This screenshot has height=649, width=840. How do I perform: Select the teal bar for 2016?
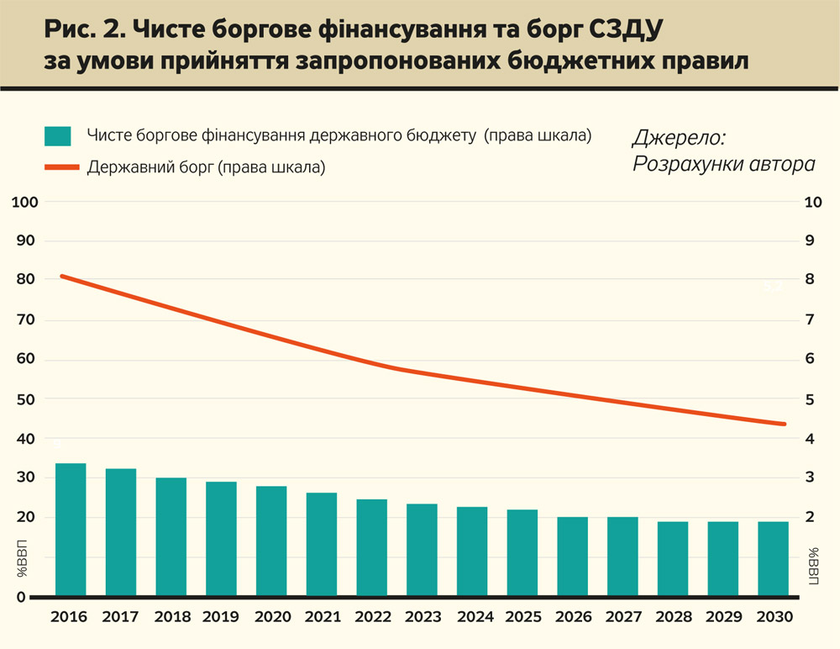click(x=71, y=530)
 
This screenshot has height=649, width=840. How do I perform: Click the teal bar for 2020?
click(x=271, y=541)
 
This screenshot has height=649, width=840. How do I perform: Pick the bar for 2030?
click(x=774, y=558)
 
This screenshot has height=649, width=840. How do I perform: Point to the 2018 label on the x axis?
click(x=171, y=617)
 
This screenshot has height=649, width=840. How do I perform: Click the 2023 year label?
click(x=423, y=617)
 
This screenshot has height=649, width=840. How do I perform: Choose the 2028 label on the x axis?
click(x=674, y=617)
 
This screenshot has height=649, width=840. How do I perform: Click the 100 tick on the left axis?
click(x=26, y=203)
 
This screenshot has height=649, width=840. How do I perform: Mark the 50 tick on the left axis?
click(x=26, y=399)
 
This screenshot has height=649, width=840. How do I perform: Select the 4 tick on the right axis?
click(x=809, y=439)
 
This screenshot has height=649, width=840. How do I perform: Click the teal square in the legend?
click(x=58, y=136)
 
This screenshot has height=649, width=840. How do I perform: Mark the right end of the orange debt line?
click(x=784, y=424)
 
